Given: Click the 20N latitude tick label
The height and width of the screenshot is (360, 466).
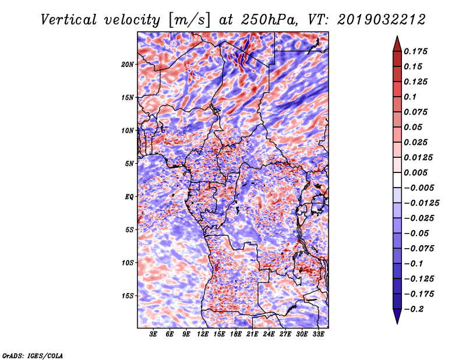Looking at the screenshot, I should [128, 64].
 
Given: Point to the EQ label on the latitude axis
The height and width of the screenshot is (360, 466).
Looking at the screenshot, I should [129, 197].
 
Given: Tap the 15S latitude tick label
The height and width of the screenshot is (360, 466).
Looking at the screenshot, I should [128, 296].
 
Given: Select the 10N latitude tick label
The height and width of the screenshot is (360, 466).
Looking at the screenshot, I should [128, 130].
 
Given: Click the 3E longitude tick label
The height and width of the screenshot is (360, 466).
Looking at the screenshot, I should [154, 334].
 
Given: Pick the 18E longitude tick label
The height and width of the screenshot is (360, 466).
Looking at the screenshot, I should [236, 334].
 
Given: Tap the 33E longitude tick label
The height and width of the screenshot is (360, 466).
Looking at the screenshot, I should [318, 334].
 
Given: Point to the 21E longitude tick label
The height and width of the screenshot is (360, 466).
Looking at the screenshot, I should [252, 334].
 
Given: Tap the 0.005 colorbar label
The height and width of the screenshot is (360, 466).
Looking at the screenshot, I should [416, 172].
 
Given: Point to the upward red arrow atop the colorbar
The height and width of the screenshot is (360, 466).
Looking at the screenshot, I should [397, 43].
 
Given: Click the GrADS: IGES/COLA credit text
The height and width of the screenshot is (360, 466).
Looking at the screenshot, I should [32, 355].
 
